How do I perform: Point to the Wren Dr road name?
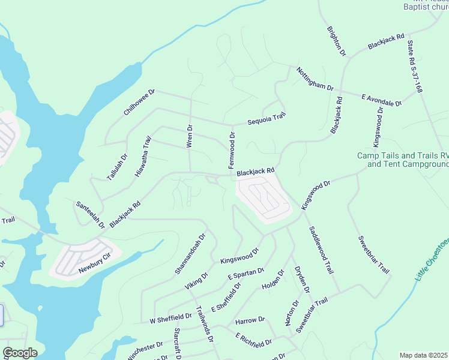pyautogui.click(x=190, y=136)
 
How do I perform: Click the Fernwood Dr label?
pyautogui.click(x=231, y=149)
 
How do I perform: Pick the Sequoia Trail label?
pyautogui.click(x=267, y=119)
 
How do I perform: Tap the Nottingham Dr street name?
pyautogui.click(x=315, y=79)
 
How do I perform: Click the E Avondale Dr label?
pyautogui.click(x=381, y=100)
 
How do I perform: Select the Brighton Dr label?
pyautogui.click(x=336, y=41)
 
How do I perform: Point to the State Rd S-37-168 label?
pyautogui.click(x=415, y=67)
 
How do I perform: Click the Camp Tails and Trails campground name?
pyautogui.click(x=403, y=160)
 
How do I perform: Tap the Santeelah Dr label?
pyautogui.click(x=90, y=214)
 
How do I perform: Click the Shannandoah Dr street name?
pyautogui.click(x=190, y=254)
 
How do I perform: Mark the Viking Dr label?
pyautogui.click(x=196, y=282)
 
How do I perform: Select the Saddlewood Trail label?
pyautogui.click(x=321, y=250)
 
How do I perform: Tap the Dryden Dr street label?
pyautogui.click(x=301, y=280)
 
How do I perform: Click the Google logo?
pyautogui.click(x=20, y=353)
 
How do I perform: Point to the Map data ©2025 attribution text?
pyautogui.click(x=424, y=355)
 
